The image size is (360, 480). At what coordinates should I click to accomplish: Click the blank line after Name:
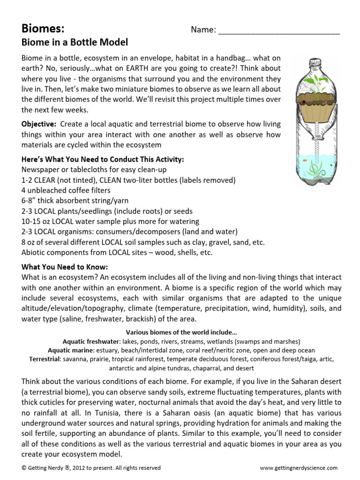coord(279,30)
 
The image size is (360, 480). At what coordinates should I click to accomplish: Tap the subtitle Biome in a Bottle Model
coord(75,42)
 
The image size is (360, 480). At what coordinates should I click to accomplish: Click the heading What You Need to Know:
coord(65,267)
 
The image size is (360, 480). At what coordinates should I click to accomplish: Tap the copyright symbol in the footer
coord(24,468)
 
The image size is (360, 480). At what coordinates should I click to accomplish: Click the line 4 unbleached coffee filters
coord(66,190)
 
